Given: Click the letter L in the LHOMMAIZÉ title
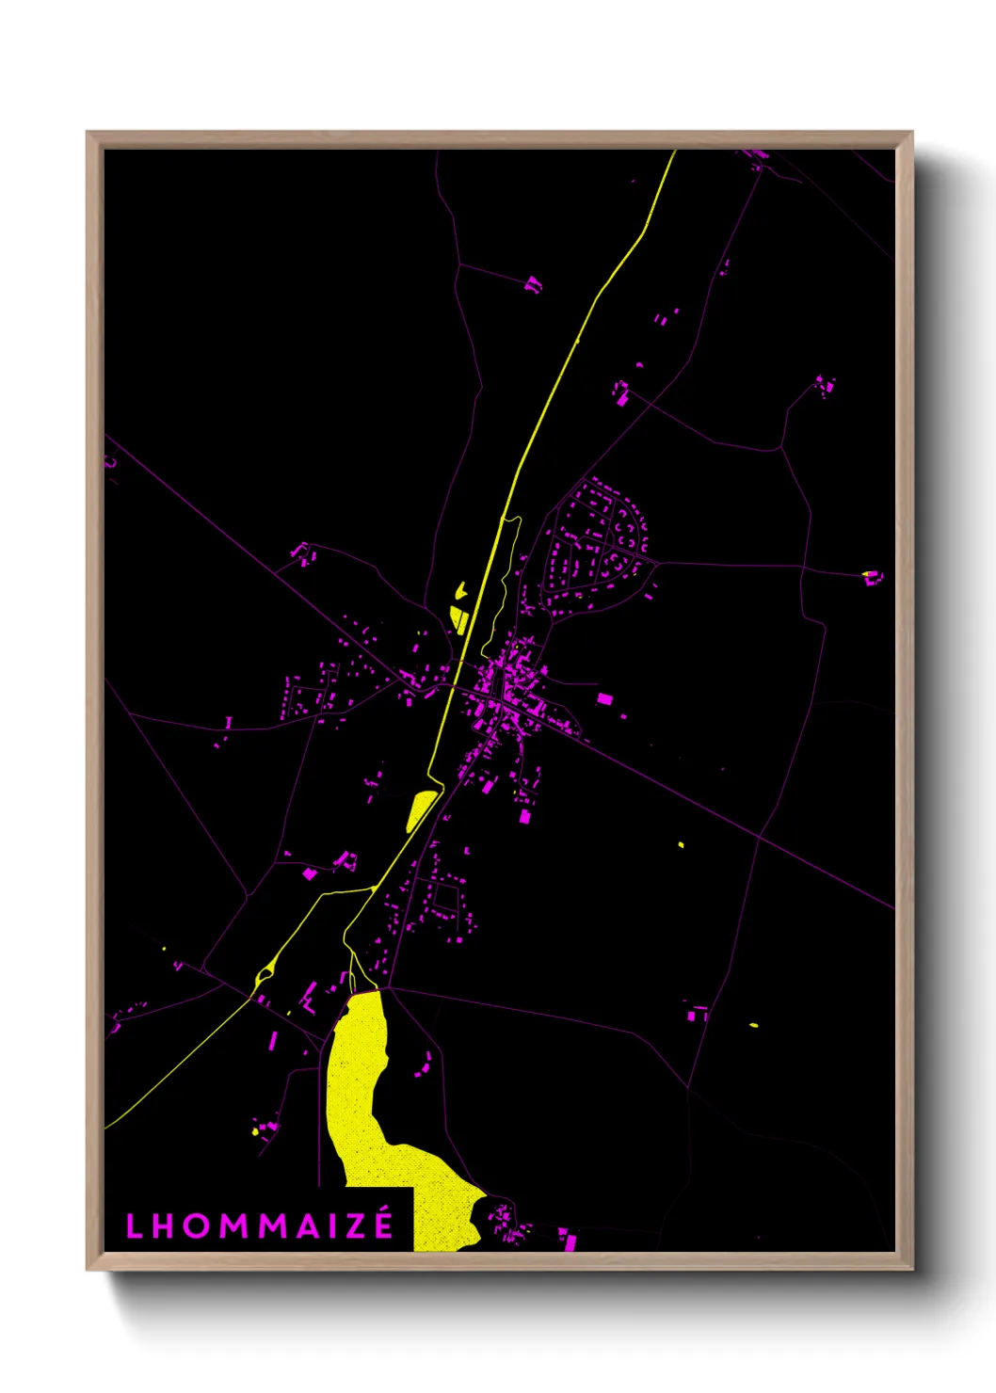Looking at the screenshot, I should pos(134,1225).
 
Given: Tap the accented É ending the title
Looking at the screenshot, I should pos(384,1224).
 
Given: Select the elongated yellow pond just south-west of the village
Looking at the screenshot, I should pos(420,809).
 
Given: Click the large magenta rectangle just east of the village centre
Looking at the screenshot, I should pos(604,698).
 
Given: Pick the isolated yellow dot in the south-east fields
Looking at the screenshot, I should pos(681,845).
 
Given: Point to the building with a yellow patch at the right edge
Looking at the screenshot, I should pos(872,576).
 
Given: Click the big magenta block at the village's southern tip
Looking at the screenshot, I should pos(525,816).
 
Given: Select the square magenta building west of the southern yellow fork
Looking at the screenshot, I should pos(309,874).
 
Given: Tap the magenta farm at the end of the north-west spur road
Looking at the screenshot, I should pos(533,282).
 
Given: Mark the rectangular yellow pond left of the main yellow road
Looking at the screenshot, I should pos(460,618).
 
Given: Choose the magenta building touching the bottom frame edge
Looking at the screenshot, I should pos(568,1241).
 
